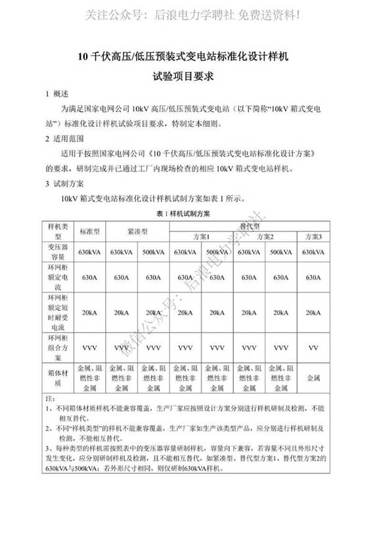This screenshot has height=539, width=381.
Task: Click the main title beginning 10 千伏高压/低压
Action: tap(190, 57)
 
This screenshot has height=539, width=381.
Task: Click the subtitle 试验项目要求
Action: tap(190, 76)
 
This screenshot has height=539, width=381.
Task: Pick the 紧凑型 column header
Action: tap(137, 231)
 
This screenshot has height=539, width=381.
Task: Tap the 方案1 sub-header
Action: tap(201, 237)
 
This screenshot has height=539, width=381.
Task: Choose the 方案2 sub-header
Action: tap(265, 237)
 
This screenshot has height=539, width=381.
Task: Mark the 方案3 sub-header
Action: tap(313, 237)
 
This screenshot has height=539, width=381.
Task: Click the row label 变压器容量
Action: tap(58, 252)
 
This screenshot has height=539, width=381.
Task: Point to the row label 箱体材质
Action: tap(58, 379)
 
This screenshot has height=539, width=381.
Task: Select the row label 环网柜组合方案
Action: tap(58, 346)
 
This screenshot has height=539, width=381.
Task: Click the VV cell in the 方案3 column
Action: tap(313, 346)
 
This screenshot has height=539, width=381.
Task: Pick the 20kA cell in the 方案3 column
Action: tap(313, 312)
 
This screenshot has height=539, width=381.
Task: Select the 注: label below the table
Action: tap(49, 398)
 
